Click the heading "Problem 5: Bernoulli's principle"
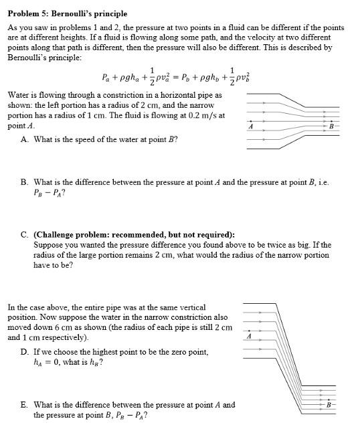(x=67, y=13)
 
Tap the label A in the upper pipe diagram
(x=250, y=126)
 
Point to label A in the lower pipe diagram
(x=249, y=337)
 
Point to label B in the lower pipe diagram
(x=329, y=406)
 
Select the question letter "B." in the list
(x=25, y=182)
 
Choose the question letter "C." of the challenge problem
(x=25, y=235)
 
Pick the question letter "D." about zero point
(x=25, y=351)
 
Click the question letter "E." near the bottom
(x=25, y=405)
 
